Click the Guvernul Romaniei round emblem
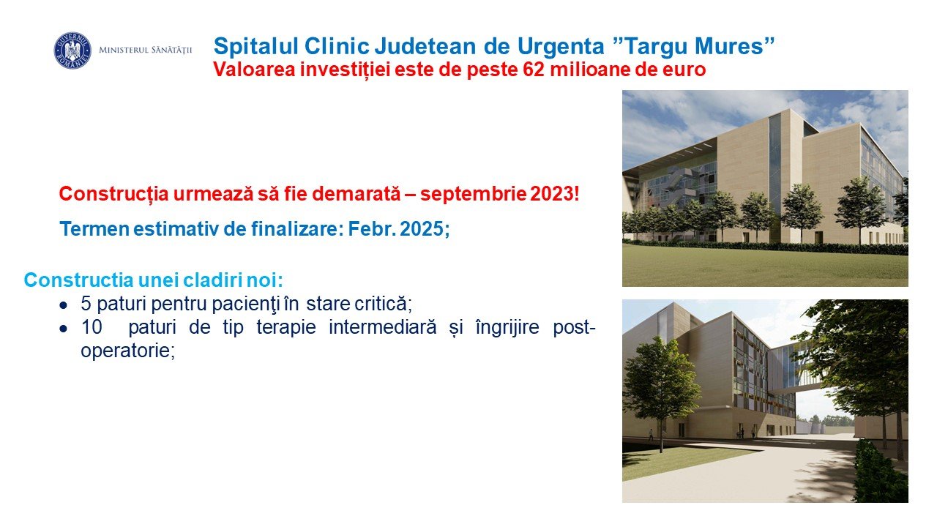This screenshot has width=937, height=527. coord(72,51)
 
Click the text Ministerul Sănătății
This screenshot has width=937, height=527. coord(145,51)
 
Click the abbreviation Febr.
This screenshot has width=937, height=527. coord(371,229)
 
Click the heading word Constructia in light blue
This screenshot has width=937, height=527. coord(78,280)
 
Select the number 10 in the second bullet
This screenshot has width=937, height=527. coord(92,327)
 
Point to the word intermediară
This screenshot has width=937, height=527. coord(382,327)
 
